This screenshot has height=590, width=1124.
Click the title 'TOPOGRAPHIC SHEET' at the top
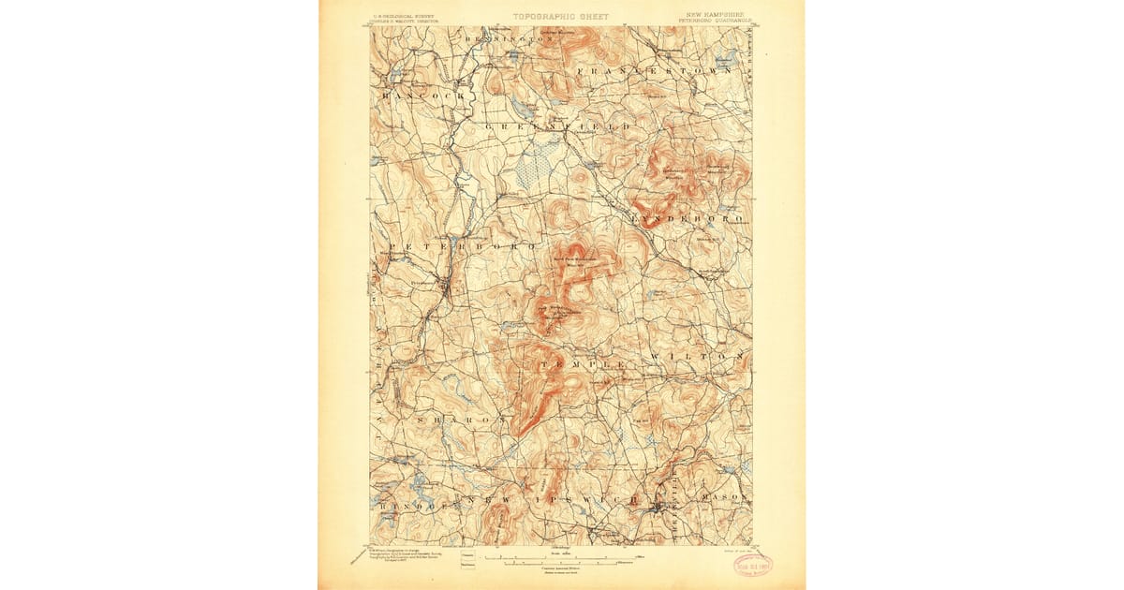tap(560, 17)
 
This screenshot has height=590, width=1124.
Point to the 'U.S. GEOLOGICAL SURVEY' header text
tap(406, 16)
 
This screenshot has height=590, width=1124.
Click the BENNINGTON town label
tap(506, 39)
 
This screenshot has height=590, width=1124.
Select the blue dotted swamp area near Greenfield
tap(539, 167)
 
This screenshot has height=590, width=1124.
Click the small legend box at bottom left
tap(466, 560)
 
